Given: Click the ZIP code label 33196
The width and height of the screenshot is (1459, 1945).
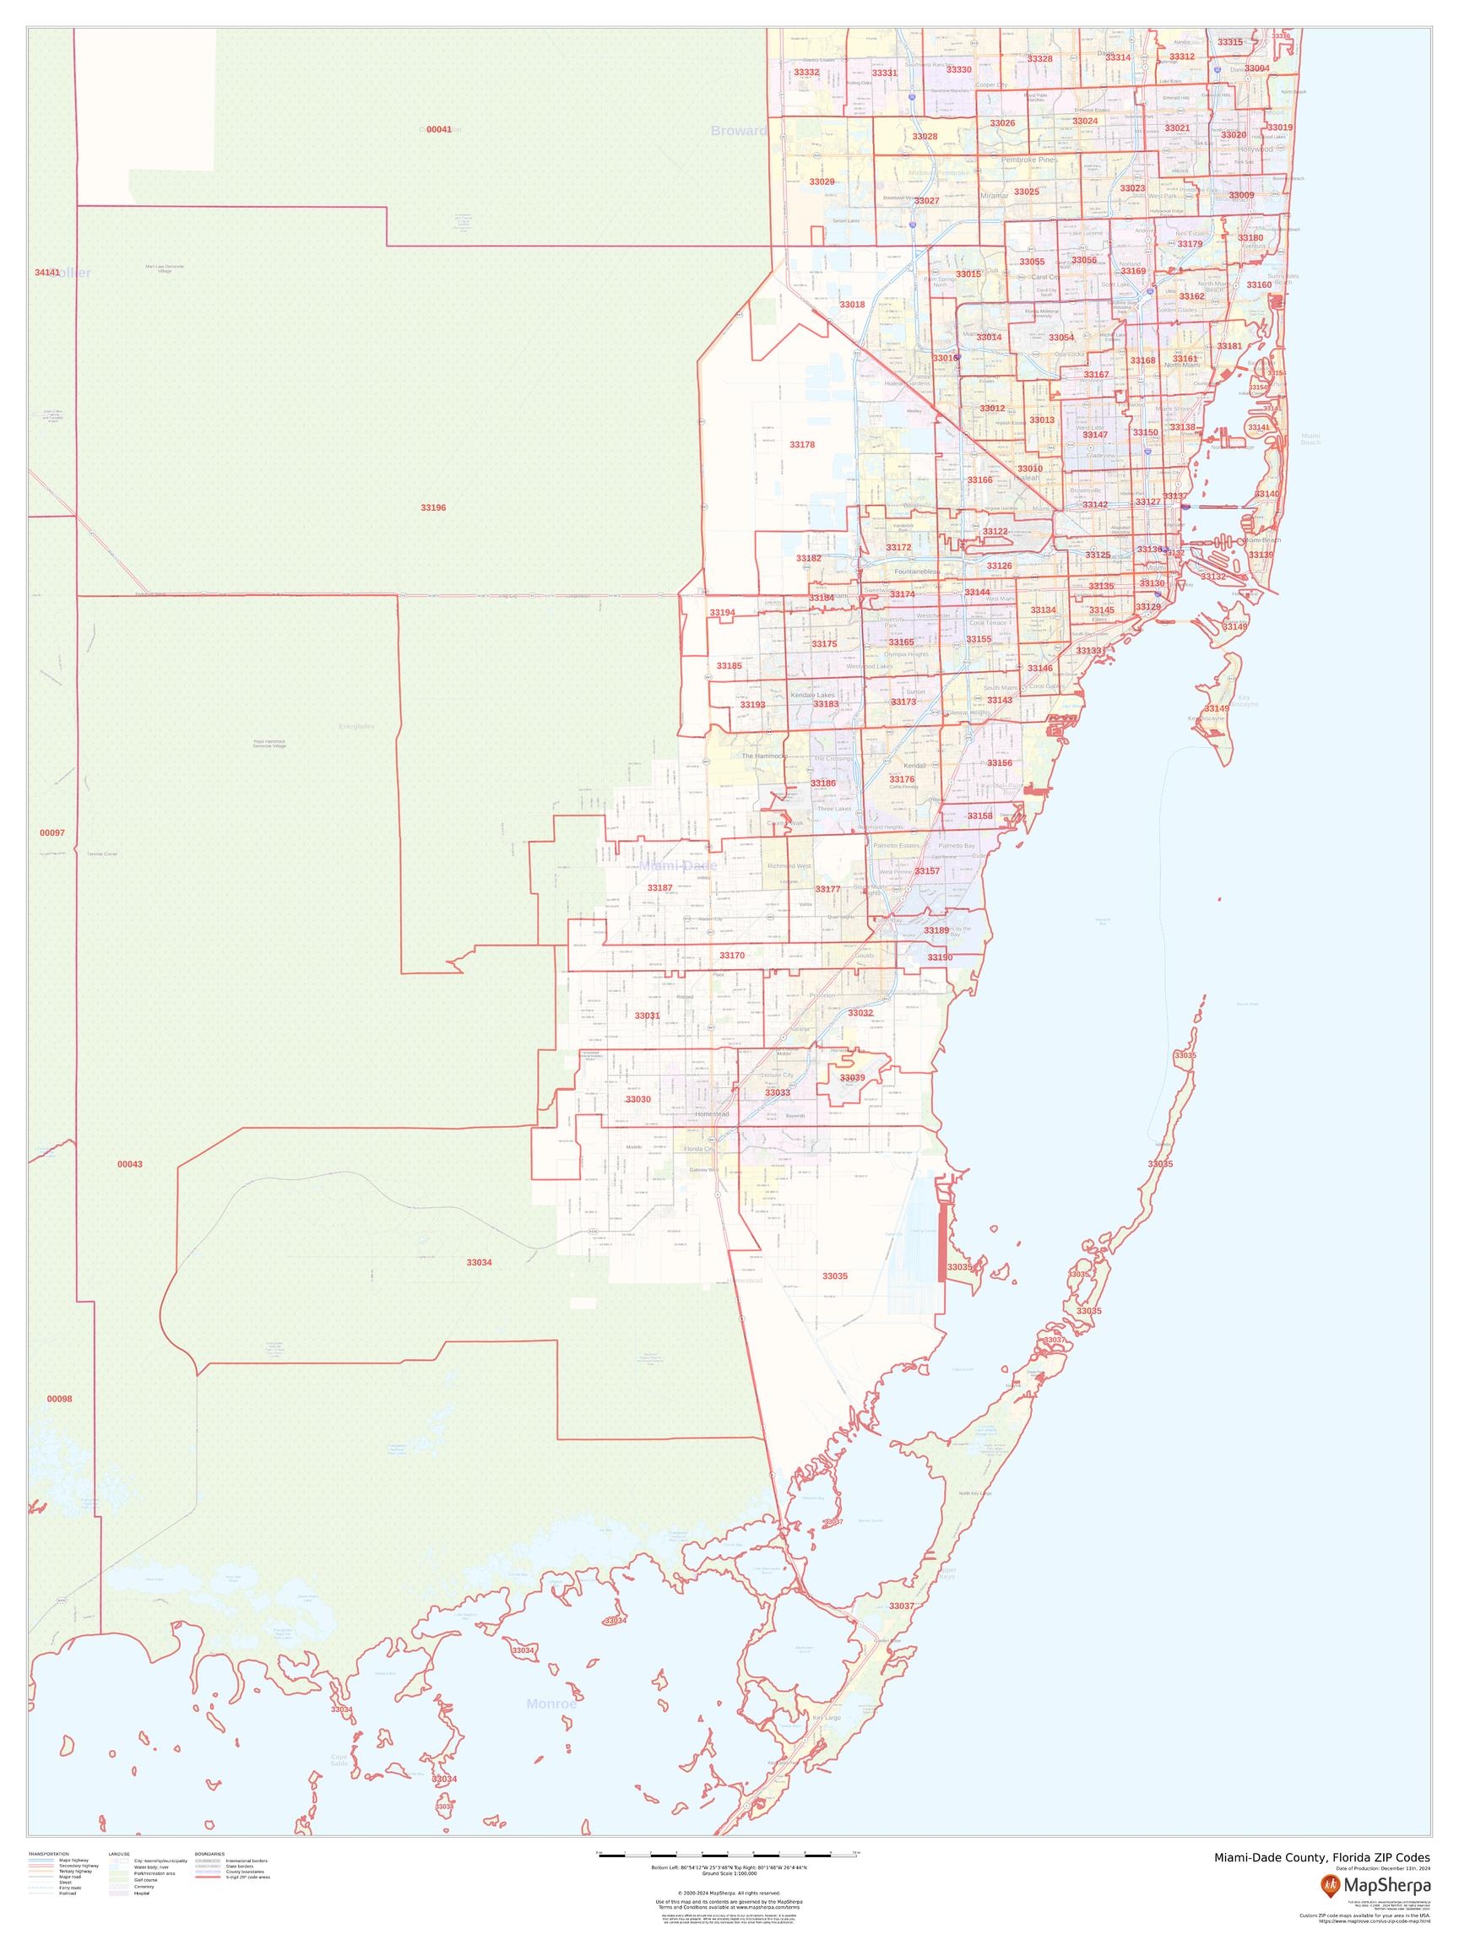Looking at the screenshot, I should point(432,508).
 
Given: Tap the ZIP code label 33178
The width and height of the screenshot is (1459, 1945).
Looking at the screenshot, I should point(801,445).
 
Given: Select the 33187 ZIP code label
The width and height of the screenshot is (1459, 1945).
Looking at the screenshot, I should point(659,888).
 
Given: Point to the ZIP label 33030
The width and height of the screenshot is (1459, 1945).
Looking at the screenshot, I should point(637,1099).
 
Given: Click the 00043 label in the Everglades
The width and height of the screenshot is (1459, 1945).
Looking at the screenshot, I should point(129,1164).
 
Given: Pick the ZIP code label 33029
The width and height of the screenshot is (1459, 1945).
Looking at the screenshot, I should point(822,182).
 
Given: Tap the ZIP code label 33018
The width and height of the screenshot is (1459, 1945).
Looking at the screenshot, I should point(851,304).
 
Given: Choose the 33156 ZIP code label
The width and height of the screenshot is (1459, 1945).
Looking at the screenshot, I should point(999,763).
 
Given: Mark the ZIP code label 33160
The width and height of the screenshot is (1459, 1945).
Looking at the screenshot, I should point(1259,284).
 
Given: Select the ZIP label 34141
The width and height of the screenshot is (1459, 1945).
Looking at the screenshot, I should point(46,273).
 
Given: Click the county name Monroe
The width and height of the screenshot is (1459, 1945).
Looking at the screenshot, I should point(551,1704).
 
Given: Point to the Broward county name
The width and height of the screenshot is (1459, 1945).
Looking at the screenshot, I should point(738,131).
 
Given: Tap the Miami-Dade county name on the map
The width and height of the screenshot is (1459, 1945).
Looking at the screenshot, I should point(677,866).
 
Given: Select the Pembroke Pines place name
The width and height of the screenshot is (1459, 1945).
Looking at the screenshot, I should point(1028,160).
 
